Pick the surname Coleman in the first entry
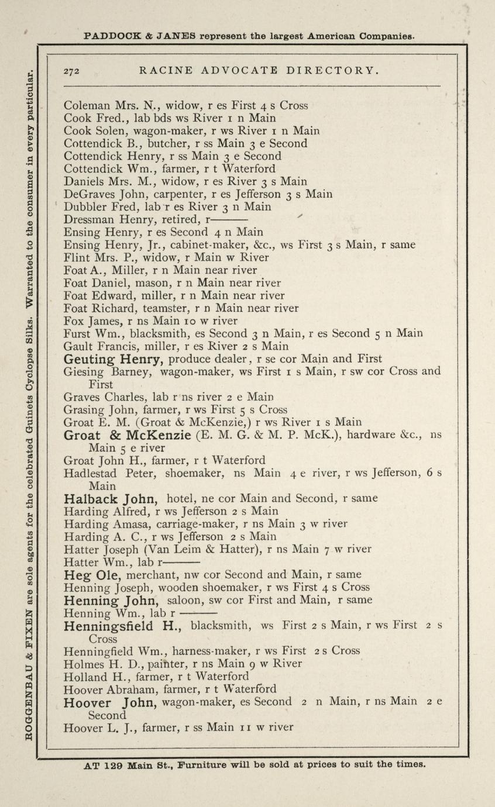(x=87, y=106)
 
